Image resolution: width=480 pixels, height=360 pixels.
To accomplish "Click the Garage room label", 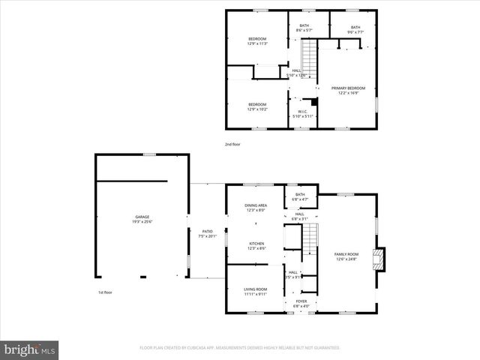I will pyautogui.click(x=141, y=220).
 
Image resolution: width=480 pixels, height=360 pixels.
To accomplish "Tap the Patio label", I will pyautogui.click(x=207, y=233).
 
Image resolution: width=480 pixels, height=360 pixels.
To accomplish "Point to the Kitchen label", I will pyautogui.click(x=256, y=245).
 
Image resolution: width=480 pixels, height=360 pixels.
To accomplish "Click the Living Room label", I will pyautogui.click(x=256, y=291).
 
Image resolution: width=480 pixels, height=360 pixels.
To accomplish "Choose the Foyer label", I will pyautogui.click(x=301, y=303).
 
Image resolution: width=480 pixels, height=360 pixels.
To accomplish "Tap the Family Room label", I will pyautogui.click(x=346, y=256).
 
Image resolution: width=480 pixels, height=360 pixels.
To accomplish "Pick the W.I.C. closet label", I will pyautogui.click(x=303, y=114).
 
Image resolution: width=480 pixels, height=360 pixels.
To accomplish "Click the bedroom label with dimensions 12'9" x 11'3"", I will pyautogui.click(x=257, y=41).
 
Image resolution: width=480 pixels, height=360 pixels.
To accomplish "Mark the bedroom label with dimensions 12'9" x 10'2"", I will pyautogui.click(x=257, y=106).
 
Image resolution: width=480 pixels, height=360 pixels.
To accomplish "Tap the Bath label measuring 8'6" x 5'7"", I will pyautogui.click(x=304, y=28).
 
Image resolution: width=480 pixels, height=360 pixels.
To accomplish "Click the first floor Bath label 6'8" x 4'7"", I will pyautogui.click(x=300, y=196).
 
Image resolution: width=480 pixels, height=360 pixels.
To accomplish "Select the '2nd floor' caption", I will pyautogui.click(x=233, y=143).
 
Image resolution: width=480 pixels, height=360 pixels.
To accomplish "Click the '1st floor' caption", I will pyautogui.click(x=104, y=292).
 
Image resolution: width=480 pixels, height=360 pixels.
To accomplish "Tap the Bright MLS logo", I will pyautogui.click(x=30, y=349).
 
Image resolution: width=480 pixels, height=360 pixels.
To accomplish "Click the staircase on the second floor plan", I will pyautogui.click(x=309, y=56).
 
